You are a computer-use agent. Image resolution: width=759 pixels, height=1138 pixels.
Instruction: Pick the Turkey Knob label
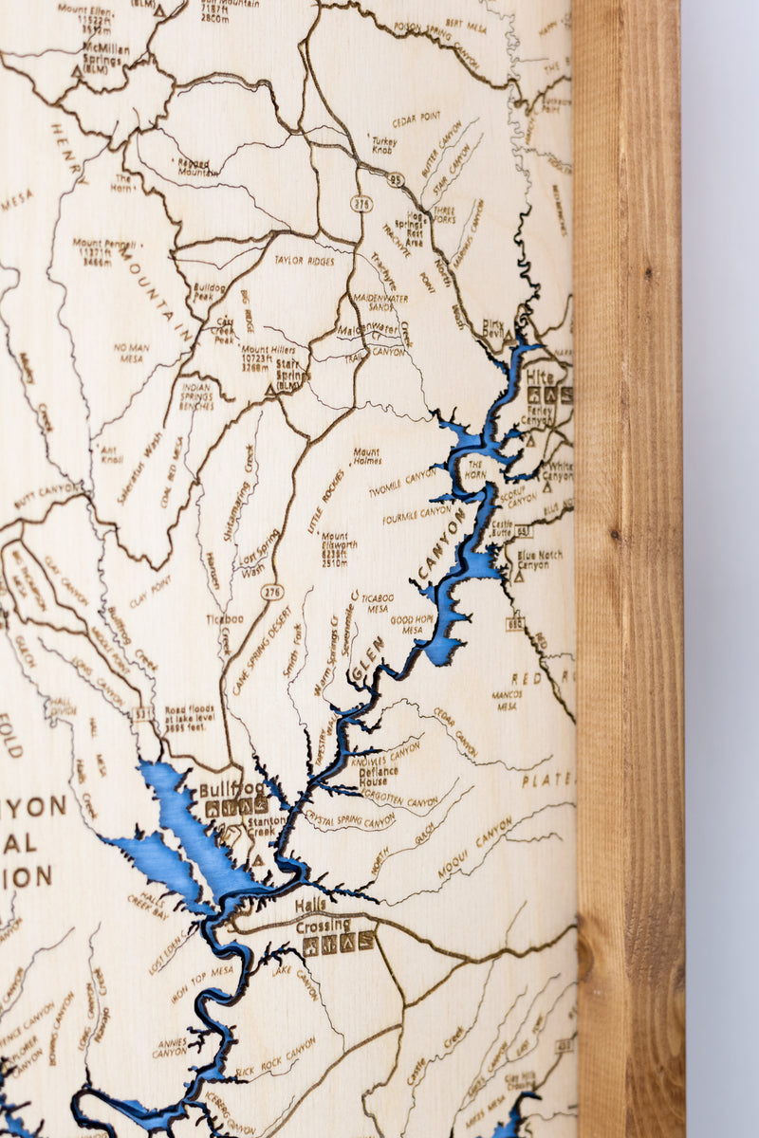[384, 145]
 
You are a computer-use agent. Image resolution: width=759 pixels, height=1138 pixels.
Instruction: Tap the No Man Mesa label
[131, 353]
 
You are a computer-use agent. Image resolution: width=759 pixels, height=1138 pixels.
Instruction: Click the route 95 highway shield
[396, 176]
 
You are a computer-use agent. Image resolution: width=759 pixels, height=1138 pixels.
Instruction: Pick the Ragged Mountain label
[195, 168]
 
